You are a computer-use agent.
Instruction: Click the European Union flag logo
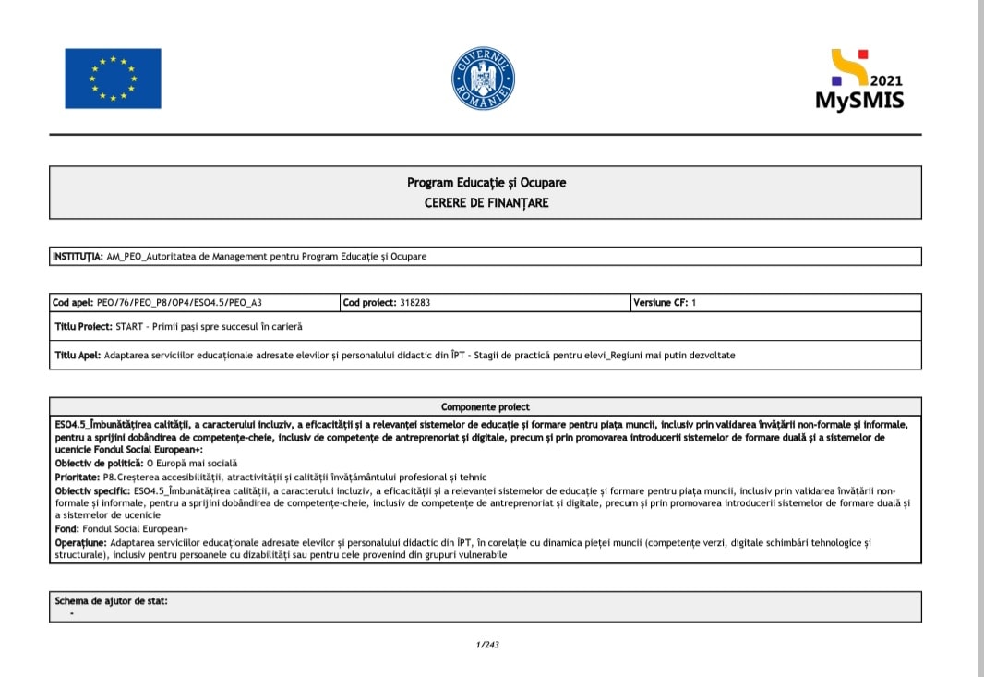pos(113,79)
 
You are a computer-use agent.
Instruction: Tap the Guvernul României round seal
pos(483,79)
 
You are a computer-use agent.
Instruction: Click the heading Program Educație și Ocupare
pos(486,183)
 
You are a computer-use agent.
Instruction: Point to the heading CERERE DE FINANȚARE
pos(486,202)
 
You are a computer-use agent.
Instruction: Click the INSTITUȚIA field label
pos(78,256)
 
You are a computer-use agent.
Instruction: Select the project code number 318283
pos(418,302)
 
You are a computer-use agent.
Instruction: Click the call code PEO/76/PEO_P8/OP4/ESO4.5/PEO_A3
pos(186,302)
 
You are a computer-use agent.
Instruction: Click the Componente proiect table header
pos(486,406)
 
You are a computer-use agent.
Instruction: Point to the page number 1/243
pos(487,644)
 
